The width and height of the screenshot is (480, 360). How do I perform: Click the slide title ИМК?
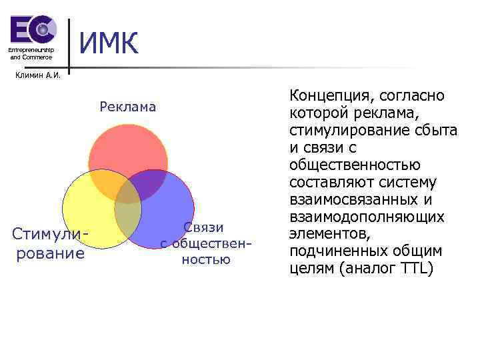tap(109, 44)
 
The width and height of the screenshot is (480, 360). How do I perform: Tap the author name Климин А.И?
tap(37, 75)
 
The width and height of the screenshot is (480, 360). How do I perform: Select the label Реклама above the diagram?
tap(128, 107)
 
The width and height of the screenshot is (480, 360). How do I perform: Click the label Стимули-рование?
tap(51, 244)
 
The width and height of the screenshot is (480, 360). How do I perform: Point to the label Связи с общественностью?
tap(206, 243)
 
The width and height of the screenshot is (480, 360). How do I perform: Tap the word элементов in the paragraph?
tap(327, 235)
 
